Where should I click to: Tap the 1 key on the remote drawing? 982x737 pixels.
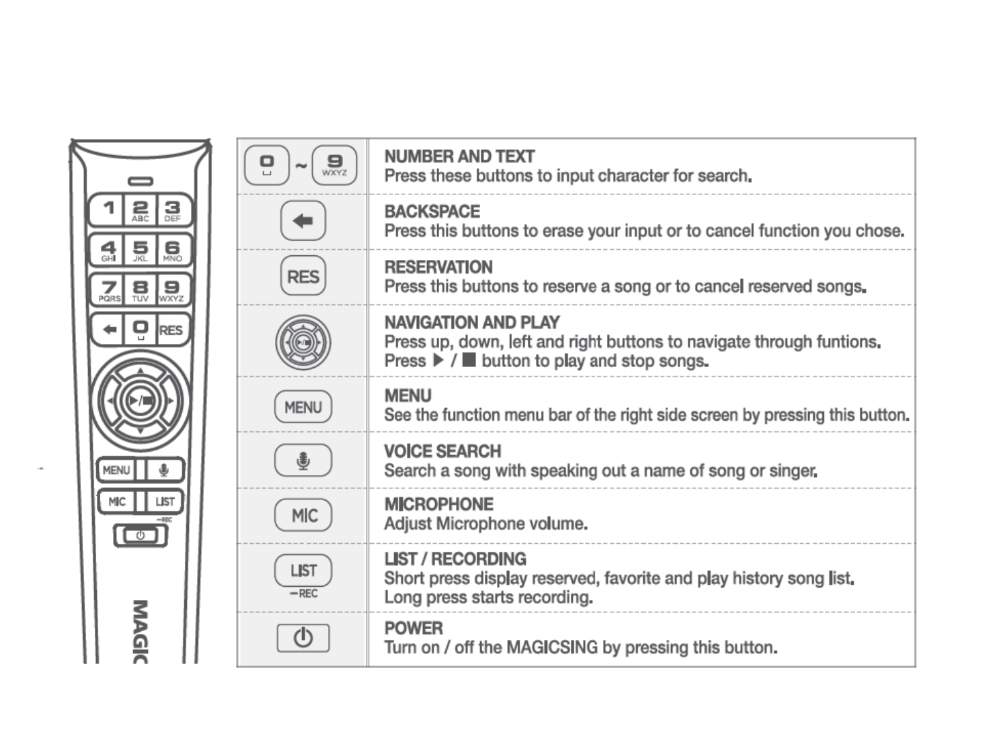[x=108, y=209]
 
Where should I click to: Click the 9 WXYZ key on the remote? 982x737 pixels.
[x=172, y=290]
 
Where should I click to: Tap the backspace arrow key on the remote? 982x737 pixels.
[x=108, y=330]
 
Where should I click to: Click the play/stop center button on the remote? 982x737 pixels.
[x=140, y=401]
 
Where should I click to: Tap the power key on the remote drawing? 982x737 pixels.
[x=140, y=536]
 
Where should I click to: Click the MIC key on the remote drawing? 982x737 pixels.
[x=117, y=502]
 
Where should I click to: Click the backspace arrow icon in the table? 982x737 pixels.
[x=303, y=221]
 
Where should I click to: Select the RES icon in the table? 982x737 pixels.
[x=303, y=276]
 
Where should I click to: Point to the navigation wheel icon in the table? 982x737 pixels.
[x=303, y=342]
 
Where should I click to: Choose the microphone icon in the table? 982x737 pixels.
[x=303, y=461]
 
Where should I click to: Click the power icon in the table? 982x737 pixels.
[x=303, y=639]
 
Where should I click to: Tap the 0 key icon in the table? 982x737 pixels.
[x=267, y=165]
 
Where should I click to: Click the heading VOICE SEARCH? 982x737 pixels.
[x=443, y=451]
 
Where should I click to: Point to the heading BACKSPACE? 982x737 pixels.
[x=432, y=212]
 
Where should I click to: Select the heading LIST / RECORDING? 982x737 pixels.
[x=455, y=559]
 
